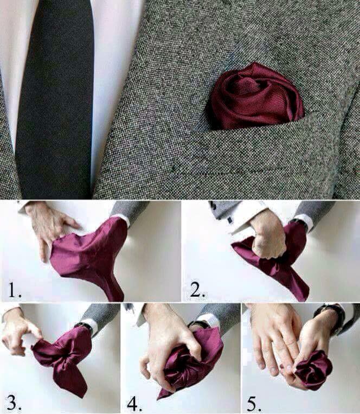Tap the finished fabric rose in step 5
[x=312, y=369]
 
